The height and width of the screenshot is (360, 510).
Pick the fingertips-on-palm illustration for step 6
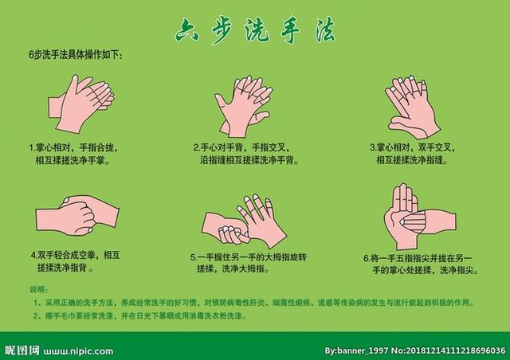coord(414,216)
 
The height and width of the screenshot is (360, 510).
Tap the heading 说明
coord(38,289)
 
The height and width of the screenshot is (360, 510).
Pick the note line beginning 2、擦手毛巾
coord(139,316)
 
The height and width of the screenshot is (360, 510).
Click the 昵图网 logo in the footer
coord(22,350)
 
